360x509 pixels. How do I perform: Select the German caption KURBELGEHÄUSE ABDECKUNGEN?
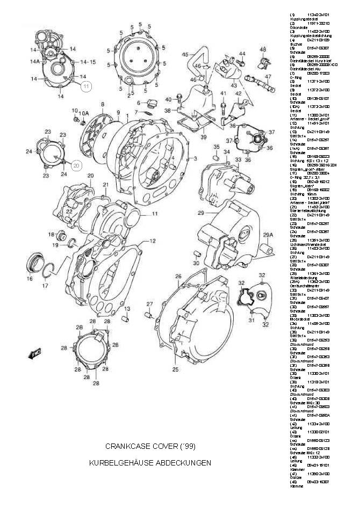pos(150,462)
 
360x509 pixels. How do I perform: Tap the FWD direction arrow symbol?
pos(36,354)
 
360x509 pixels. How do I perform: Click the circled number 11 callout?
pos(87,85)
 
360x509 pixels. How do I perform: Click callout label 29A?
pos(269,235)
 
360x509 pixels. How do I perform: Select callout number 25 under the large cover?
pos(175,369)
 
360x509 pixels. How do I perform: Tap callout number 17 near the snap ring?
pos(45,286)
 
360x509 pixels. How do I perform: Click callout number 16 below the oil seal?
pos(30,279)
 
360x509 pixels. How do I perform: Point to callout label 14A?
pos(35,62)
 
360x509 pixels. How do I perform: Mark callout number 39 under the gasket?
pos(203,137)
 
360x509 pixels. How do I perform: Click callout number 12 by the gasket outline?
pos(153,242)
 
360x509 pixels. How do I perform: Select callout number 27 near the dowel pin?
pos(150,304)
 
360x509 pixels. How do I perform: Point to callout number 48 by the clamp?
pos(263,49)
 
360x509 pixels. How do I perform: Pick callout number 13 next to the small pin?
pos(128,309)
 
